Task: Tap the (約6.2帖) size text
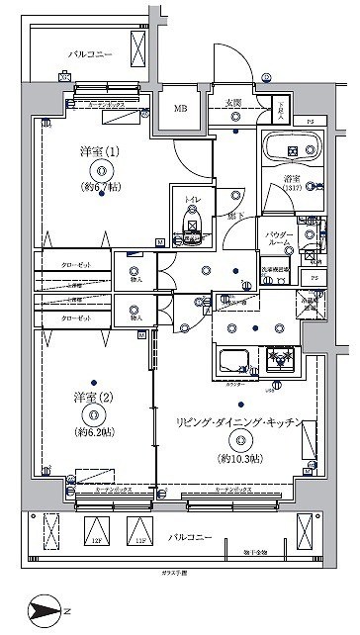[92, 433]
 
